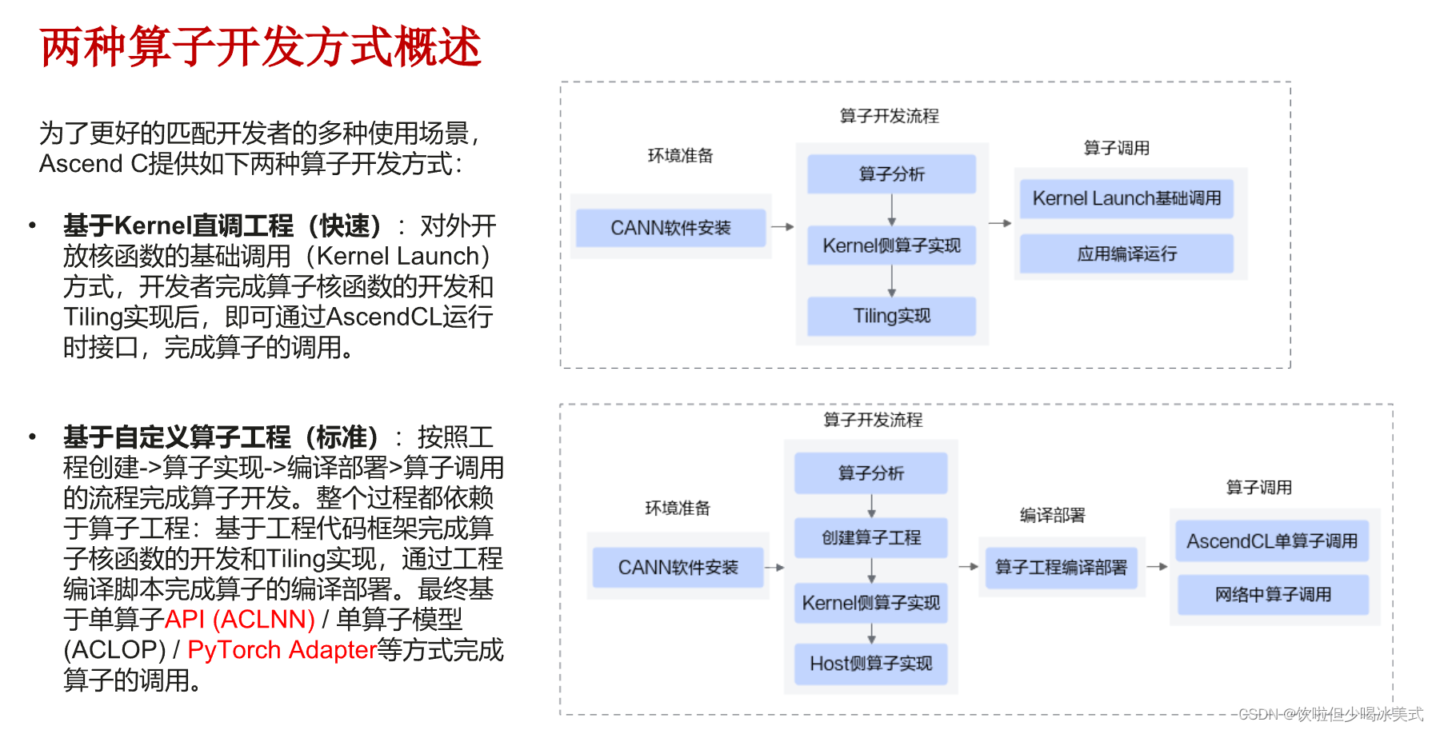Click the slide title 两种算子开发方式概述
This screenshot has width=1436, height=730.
[x=260, y=47]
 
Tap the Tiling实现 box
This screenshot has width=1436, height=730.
[x=891, y=316]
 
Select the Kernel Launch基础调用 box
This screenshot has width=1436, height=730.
[x=1126, y=198]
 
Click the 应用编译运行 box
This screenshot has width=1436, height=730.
[x=1126, y=253]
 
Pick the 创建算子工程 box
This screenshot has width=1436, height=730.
[x=870, y=537]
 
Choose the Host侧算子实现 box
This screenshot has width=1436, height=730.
[x=870, y=664]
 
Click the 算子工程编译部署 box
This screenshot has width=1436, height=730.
[x=1061, y=567]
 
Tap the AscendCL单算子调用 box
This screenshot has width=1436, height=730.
[x=1272, y=541]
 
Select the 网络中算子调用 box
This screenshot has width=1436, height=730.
[x=1272, y=594]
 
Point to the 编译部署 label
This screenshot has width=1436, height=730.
[x=1052, y=516]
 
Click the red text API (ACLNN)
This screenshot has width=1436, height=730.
[x=240, y=620]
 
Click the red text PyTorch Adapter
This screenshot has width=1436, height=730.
[x=282, y=650]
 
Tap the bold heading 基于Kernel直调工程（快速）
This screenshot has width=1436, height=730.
[x=222, y=226]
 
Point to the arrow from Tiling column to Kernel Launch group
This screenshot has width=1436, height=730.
[x=1000, y=223]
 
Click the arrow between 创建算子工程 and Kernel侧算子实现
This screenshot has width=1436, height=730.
[x=871, y=570]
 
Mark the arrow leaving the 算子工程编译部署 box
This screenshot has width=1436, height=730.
[x=1157, y=567]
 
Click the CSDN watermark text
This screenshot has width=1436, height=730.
[x=1330, y=714]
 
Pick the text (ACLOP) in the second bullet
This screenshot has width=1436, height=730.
[x=114, y=650]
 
